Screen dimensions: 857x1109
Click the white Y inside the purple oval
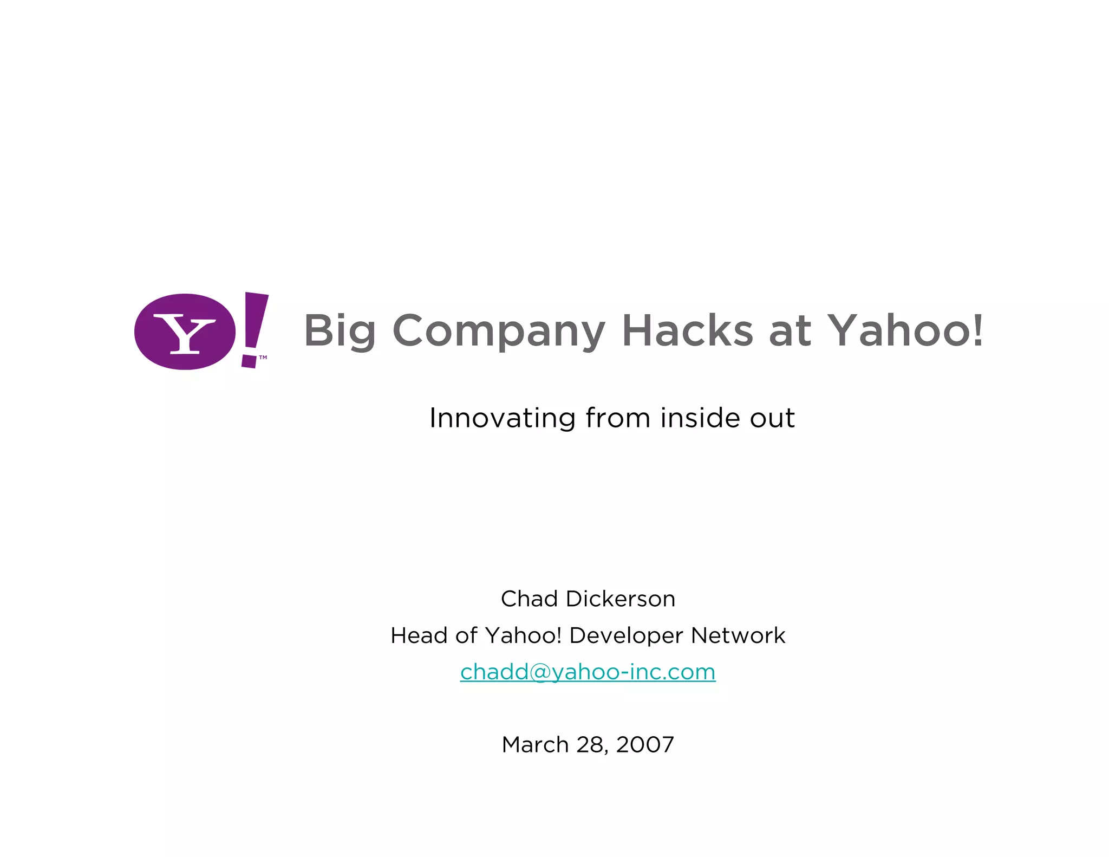pos(185,333)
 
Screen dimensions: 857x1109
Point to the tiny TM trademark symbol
pos(263,358)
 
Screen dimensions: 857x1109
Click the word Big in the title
pos(340,331)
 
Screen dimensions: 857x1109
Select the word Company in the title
pos(499,331)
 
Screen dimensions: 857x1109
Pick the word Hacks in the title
pos(687,330)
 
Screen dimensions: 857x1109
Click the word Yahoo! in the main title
pos(906,330)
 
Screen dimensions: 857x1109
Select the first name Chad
pos(529,599)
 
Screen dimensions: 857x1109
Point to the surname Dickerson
pos(621,599)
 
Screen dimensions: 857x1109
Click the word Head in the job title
pos(419,635)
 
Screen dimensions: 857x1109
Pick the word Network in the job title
pos(738,635)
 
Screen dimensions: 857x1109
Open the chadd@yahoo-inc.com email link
pos(588,672)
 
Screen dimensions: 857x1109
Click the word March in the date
pos(535,745)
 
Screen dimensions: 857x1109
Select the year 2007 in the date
pos(645,745)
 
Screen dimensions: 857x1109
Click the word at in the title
pos(790,331)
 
